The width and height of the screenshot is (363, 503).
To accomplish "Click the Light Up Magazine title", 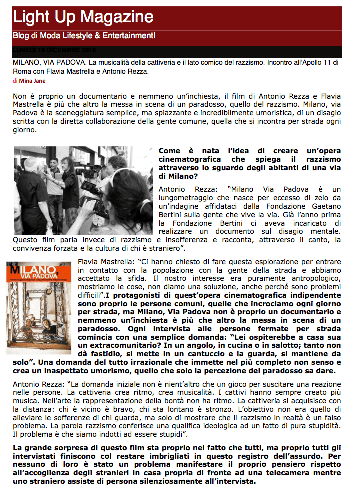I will pos(83,17).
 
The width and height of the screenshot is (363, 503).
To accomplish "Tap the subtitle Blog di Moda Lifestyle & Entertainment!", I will pos(84,36).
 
